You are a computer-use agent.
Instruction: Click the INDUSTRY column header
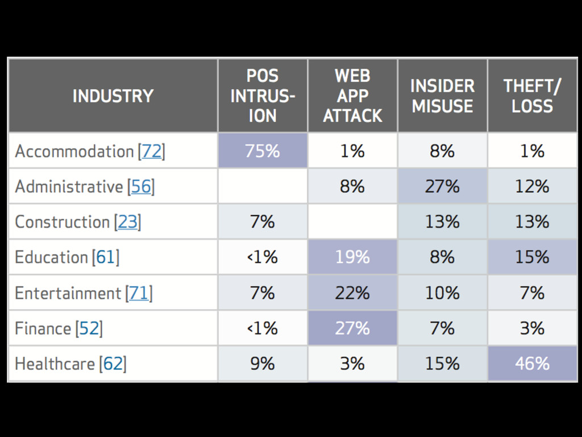[x=113, y=96]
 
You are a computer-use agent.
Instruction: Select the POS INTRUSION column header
[x=263, y=96]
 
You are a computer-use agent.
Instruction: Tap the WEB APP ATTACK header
[x=352, y=96]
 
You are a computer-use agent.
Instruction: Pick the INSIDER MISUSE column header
[x=442, y=96]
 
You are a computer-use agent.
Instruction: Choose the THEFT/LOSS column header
[x=532, y=96]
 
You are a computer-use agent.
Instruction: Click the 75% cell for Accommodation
[x=263, y=151]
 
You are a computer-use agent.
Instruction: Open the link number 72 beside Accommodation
[x=152, y=151]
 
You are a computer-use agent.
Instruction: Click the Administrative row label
[x=69, y=187]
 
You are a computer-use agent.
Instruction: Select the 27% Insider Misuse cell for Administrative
[x=442, y=187]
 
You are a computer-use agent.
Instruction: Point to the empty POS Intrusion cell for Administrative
[x=263, y=187]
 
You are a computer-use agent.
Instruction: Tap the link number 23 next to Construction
[x=128, y=222]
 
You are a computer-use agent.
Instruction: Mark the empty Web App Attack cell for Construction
[x=352, y=222]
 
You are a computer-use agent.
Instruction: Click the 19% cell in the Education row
[x=352, y=257]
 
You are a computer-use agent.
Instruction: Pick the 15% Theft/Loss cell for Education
[x=532, y=257]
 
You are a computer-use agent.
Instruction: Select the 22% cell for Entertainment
[x=352, y=293]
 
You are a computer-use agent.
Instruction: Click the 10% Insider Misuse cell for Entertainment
[x=442, y=293]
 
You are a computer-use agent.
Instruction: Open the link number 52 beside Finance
[x=89, y=328]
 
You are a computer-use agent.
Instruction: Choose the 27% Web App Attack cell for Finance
[x=352, y=328]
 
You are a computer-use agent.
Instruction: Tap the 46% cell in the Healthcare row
[x=532, y=364]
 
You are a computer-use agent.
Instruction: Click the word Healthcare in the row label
[x=54, y=364]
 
